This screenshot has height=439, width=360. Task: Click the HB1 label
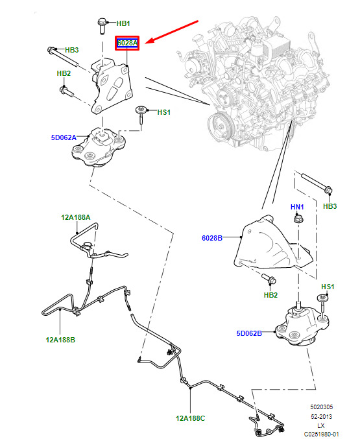pos(123,23)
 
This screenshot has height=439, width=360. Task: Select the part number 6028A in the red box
pos(128,43)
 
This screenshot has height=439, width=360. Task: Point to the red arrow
pos(172,32)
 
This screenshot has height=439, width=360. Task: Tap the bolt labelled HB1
pos(102,26)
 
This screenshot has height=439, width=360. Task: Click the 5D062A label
pos(64,137)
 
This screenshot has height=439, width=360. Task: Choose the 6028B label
pos(212,238)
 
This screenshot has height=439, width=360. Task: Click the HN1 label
pos(297,207)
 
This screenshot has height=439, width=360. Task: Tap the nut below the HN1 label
pos(298,218)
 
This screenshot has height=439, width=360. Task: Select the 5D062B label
pos(249,333)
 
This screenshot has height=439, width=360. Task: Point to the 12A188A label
pos(76,217)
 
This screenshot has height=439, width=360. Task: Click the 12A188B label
pos(60,340)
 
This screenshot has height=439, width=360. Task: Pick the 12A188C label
pos(191,418)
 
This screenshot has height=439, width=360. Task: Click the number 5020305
pos(321,407)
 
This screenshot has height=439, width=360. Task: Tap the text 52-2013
pos(321,416)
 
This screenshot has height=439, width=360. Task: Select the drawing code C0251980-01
pos(321,434)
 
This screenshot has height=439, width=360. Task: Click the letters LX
pos(321,425)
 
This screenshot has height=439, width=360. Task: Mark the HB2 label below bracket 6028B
pos(270,295)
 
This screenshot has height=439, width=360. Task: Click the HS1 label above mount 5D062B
pos(328,287)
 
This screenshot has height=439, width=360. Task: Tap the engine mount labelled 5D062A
pos(98,148)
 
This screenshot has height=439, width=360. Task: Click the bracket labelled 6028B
pos(272,244)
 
